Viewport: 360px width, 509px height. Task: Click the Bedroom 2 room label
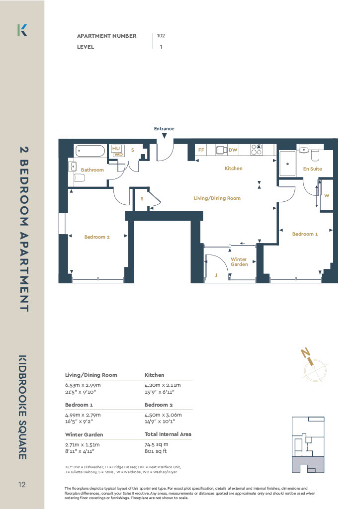pyautogui.click(x=97, y=237)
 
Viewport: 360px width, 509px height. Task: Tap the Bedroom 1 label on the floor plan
pyautogui.click(x=305, y=234)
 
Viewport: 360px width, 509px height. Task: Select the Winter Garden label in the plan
pyautogui.click(x=239, y=261)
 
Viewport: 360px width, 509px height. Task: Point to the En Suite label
pyautogui.click(x=312, y=169)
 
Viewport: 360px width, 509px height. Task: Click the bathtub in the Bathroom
pyautogui.click(x=90, y=151)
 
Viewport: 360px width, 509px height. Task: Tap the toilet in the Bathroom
pyautogui.click(x=79, y=178)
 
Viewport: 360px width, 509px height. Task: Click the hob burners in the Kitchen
pyautogui.click(x=256, y=150)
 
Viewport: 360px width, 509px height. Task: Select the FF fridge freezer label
pyautogui.click(x=201, y=150)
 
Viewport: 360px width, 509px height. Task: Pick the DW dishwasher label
pyautogui.click(x=233, y=150)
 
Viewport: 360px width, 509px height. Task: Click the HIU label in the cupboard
pyautogui.click(x=116, y=148)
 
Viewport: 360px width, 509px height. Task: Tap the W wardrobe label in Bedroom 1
pyautogui.click(x=327, y=195)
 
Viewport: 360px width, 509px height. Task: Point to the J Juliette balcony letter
pyautogui.click(x=216, y=275)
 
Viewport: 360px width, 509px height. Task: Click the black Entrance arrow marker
pyautogui.click(x=165, y=136)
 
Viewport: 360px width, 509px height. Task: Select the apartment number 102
pyautogui.click(x=161, y=36)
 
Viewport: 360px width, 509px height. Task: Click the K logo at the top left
pyautogui.click(x=22, y=30)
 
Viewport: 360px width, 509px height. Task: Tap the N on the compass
pyautogui.click(x=305, y=352)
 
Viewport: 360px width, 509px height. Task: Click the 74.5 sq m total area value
pyautogui.click(x=157, y=444)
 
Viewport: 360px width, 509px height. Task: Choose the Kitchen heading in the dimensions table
pyautogui.click(x=154, y=375)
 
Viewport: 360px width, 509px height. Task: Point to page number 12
pyautogui.click(x=22, y=485)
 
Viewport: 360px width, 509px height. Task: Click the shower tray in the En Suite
pyautogui.click(x=287, y=164)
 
